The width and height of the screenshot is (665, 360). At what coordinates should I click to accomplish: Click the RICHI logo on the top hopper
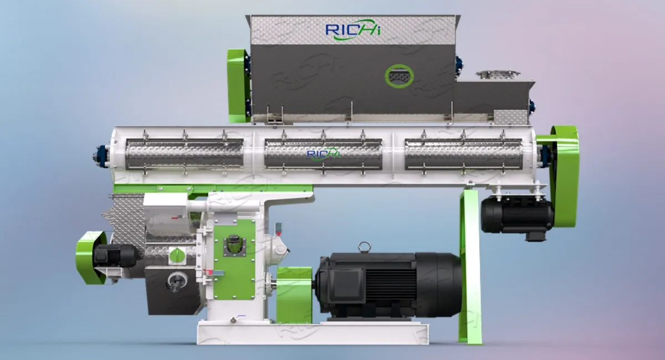pos(353,30)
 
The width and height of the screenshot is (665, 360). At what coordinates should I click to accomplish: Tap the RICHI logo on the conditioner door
pos(323,154)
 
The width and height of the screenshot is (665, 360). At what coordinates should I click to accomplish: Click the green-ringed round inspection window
pos(399,76)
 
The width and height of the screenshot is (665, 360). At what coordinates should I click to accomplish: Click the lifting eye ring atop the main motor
pos(365,247)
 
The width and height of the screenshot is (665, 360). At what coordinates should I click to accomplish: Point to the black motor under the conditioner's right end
pos(517,216)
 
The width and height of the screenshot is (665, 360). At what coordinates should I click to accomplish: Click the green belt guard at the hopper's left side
pos(239,86)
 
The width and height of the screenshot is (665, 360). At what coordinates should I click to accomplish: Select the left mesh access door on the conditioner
pos(185,155)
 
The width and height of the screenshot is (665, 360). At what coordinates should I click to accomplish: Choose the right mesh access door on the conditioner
pos(463,155)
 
